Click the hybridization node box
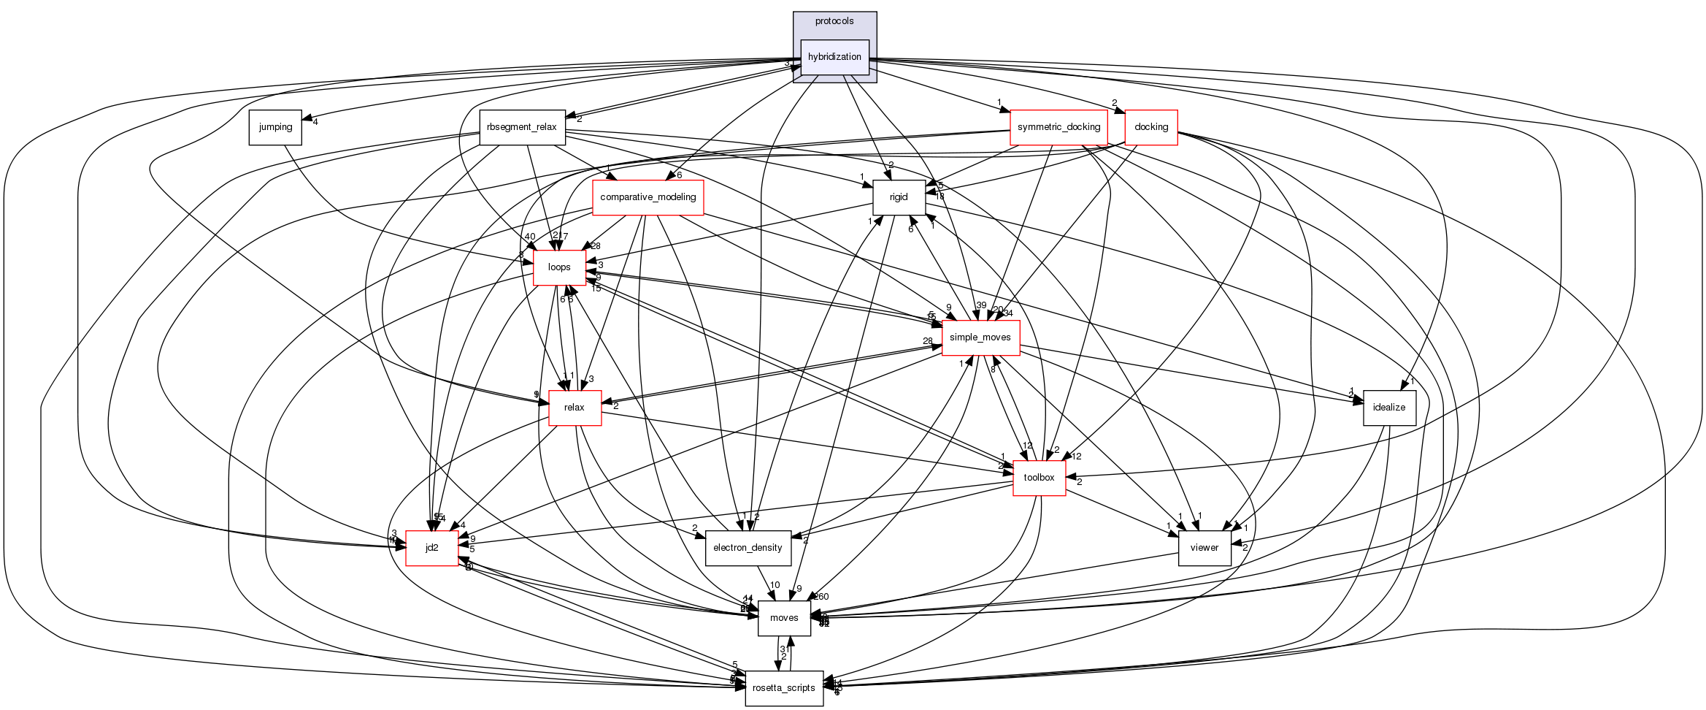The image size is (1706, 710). [834, 57]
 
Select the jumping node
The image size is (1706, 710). [275, 127]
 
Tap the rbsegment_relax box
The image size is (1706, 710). [522, 127]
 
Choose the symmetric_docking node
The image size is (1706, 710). [1058, 127]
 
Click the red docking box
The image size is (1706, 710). [1151, 127]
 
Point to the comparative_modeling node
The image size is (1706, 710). [648, 197]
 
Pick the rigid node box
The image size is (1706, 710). [899, 197]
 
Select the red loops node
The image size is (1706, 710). [559, 267]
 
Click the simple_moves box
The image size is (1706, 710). [980, 337]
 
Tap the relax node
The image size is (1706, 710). [575, 408]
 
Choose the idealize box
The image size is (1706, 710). [1389, 408]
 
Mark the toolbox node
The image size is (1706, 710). [1039, 478]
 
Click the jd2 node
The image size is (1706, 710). [431, 548]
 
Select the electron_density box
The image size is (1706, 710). [748, 548]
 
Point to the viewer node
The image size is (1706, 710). [1204, 548]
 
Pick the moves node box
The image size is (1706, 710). [784, 618]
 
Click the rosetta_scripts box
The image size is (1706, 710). [784, 688]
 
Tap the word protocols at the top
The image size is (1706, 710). [834, 21]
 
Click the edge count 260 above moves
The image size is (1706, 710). [822, 597]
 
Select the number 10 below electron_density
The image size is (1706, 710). [775, 585]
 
